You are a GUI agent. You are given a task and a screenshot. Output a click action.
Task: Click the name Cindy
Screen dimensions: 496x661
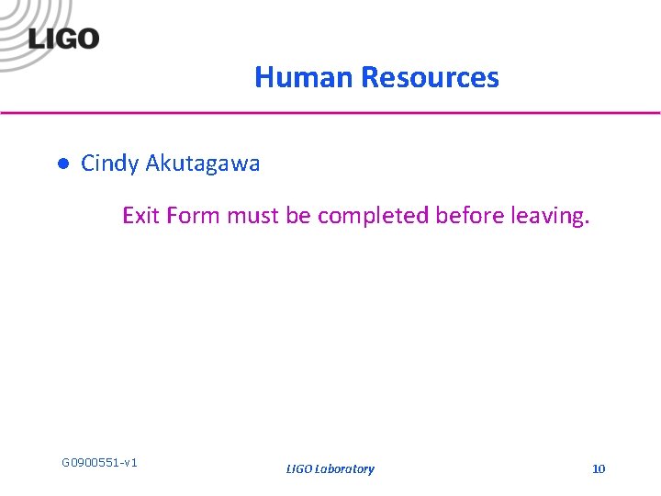(x=109, y=164)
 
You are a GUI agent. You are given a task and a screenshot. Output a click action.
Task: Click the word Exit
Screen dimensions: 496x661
(x=140, y=216)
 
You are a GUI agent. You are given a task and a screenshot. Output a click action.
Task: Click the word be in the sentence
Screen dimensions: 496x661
(x=298, y=216)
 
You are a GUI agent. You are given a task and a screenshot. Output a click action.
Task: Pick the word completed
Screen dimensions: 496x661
(x=374, y=216)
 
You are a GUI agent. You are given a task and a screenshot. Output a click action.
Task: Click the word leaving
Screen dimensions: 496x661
(x=545, y=216)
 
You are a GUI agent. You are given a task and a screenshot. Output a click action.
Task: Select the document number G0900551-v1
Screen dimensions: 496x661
(x=99, y=462)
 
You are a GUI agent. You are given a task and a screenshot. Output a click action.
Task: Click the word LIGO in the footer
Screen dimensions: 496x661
(x=298, y=469)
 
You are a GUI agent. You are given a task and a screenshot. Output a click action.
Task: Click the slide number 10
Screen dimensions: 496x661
(x=599, y=469)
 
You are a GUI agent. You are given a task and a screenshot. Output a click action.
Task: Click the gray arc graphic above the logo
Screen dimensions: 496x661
(x=28, y=13)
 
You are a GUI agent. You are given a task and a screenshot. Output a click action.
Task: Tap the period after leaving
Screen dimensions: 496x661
(x=586, y=223)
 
